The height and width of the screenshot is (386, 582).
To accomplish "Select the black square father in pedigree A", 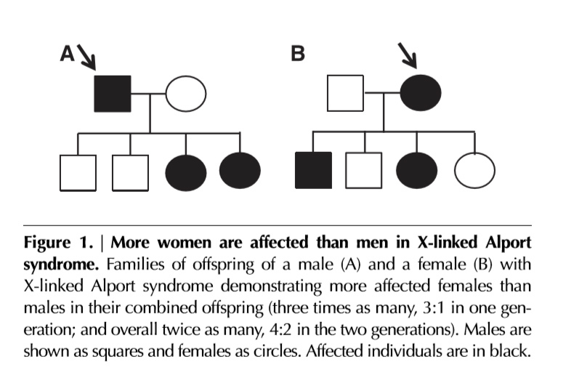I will pos(113,94).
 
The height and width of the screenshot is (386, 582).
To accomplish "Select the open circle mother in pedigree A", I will pos(186,94).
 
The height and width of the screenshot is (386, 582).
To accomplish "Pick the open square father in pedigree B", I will pos(345,94).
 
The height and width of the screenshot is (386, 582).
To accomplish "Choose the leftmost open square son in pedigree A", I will pos(78,172).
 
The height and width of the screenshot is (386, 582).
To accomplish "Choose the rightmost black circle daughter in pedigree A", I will pos(240,172).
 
